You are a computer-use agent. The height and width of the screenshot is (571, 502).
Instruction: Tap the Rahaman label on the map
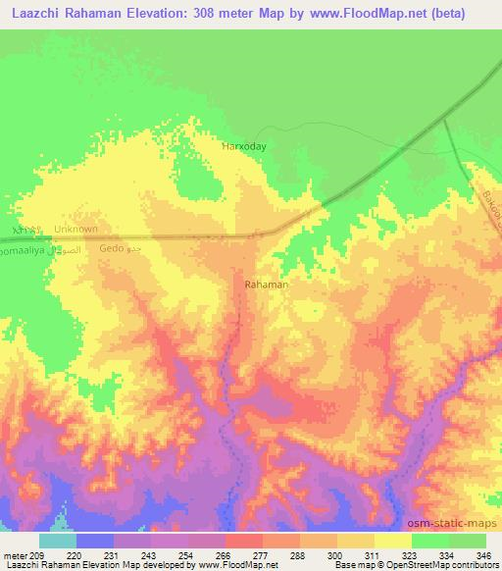[266, 285]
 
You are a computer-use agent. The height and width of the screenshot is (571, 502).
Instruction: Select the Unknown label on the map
[76, 230]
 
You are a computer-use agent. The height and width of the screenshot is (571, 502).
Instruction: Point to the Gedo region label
[113, 249]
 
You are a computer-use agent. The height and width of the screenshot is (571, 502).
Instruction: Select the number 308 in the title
[233, 13]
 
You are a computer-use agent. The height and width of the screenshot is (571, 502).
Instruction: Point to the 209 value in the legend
[38, 555]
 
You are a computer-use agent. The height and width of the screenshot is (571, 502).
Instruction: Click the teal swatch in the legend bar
[57, 541]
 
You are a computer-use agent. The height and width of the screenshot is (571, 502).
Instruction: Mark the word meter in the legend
[14, 555]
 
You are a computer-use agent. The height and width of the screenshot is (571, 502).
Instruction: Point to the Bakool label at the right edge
[490, 206]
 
